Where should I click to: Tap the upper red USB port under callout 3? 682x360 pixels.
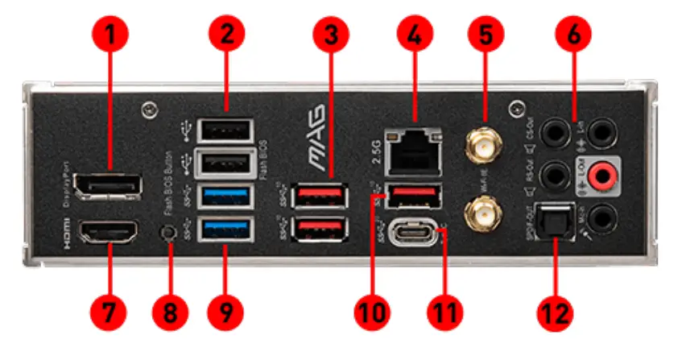click(x=321, y=196)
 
